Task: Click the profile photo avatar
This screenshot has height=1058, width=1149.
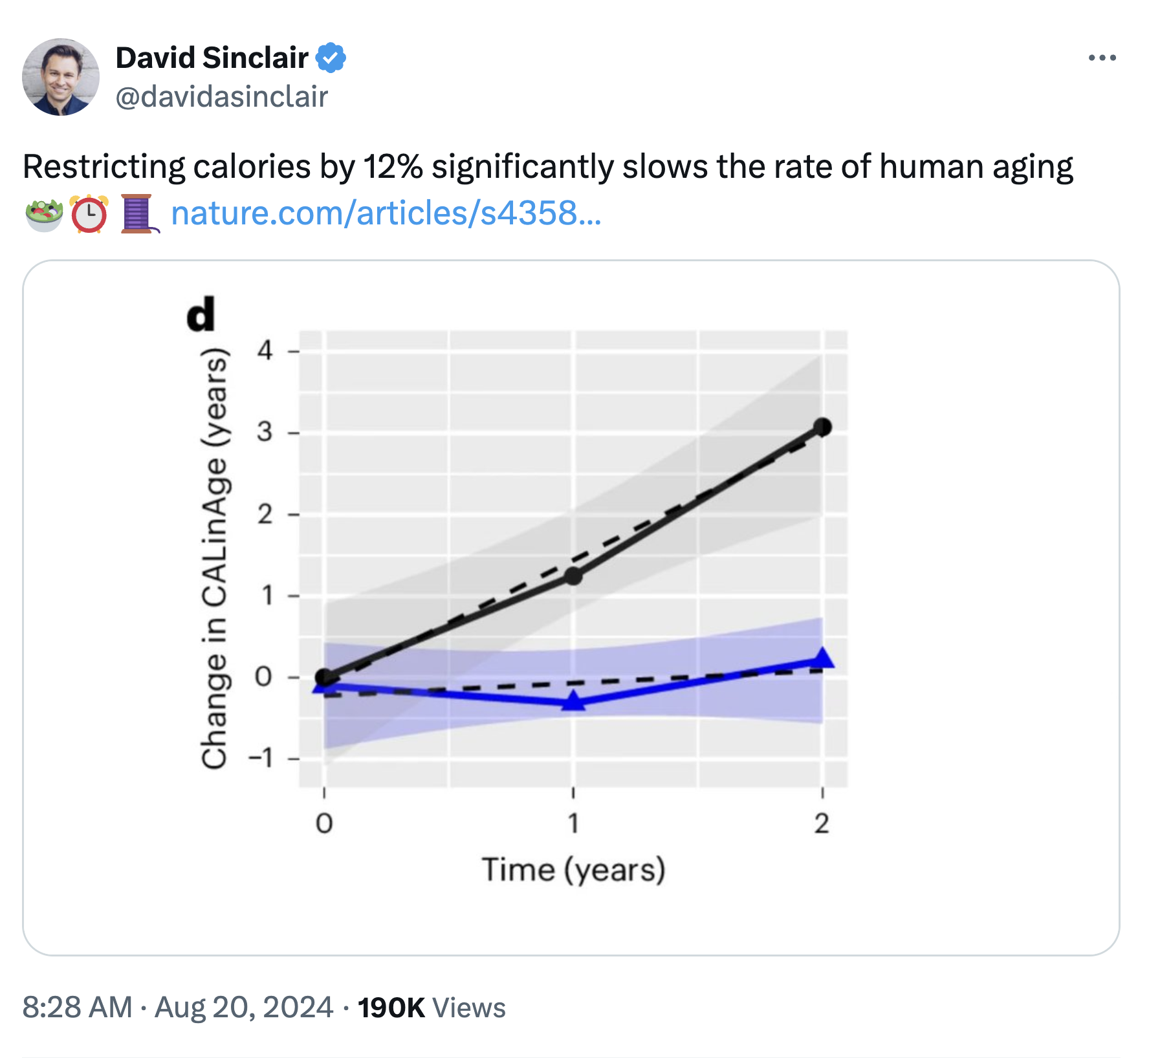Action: [61, 77]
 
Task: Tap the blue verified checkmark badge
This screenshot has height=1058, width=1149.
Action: [331, 58]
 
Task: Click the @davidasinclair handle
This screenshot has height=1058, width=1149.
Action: [222, 97]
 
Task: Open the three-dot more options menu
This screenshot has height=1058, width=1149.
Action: [1102, 58]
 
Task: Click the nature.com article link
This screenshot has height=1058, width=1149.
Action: [386, 213]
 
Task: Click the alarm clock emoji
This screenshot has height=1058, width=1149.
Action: [89, 214]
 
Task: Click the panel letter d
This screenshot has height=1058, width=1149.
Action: [201, 315]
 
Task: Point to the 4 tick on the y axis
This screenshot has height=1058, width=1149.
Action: [265, 351]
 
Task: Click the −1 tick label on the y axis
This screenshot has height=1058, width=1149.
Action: [261, 757]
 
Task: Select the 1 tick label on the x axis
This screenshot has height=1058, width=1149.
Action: [573, 823]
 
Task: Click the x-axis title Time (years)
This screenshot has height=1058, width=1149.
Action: [573, 870]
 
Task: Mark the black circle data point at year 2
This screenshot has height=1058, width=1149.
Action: [822, 427]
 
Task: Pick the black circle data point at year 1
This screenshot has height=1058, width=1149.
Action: [573, 576]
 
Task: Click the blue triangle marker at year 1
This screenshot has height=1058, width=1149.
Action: [573, 701]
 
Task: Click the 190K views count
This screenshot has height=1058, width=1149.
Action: [391, 1008]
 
